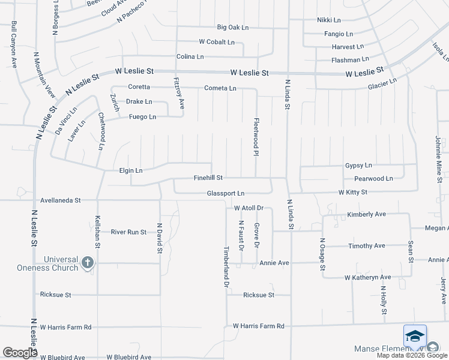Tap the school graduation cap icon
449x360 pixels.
coord(415,337)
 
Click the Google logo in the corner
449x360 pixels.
coord(20,353)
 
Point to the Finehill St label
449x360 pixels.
coord(208,178)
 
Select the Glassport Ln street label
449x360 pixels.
coord(226,193)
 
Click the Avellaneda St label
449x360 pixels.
coord(61,200)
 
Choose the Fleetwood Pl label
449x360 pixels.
coord(256,137)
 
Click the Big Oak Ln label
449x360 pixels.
coord(233,28)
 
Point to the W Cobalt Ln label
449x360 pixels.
coord(217,42)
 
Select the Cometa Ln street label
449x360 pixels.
coord(220,88)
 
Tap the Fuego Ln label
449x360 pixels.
coord(142,116)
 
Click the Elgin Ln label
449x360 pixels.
coord(130,170)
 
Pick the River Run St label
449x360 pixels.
coord(129,232)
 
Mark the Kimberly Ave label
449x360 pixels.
coord(366,214)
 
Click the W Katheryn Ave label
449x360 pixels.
coord(367,277)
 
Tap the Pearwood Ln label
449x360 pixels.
coord(373,178)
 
